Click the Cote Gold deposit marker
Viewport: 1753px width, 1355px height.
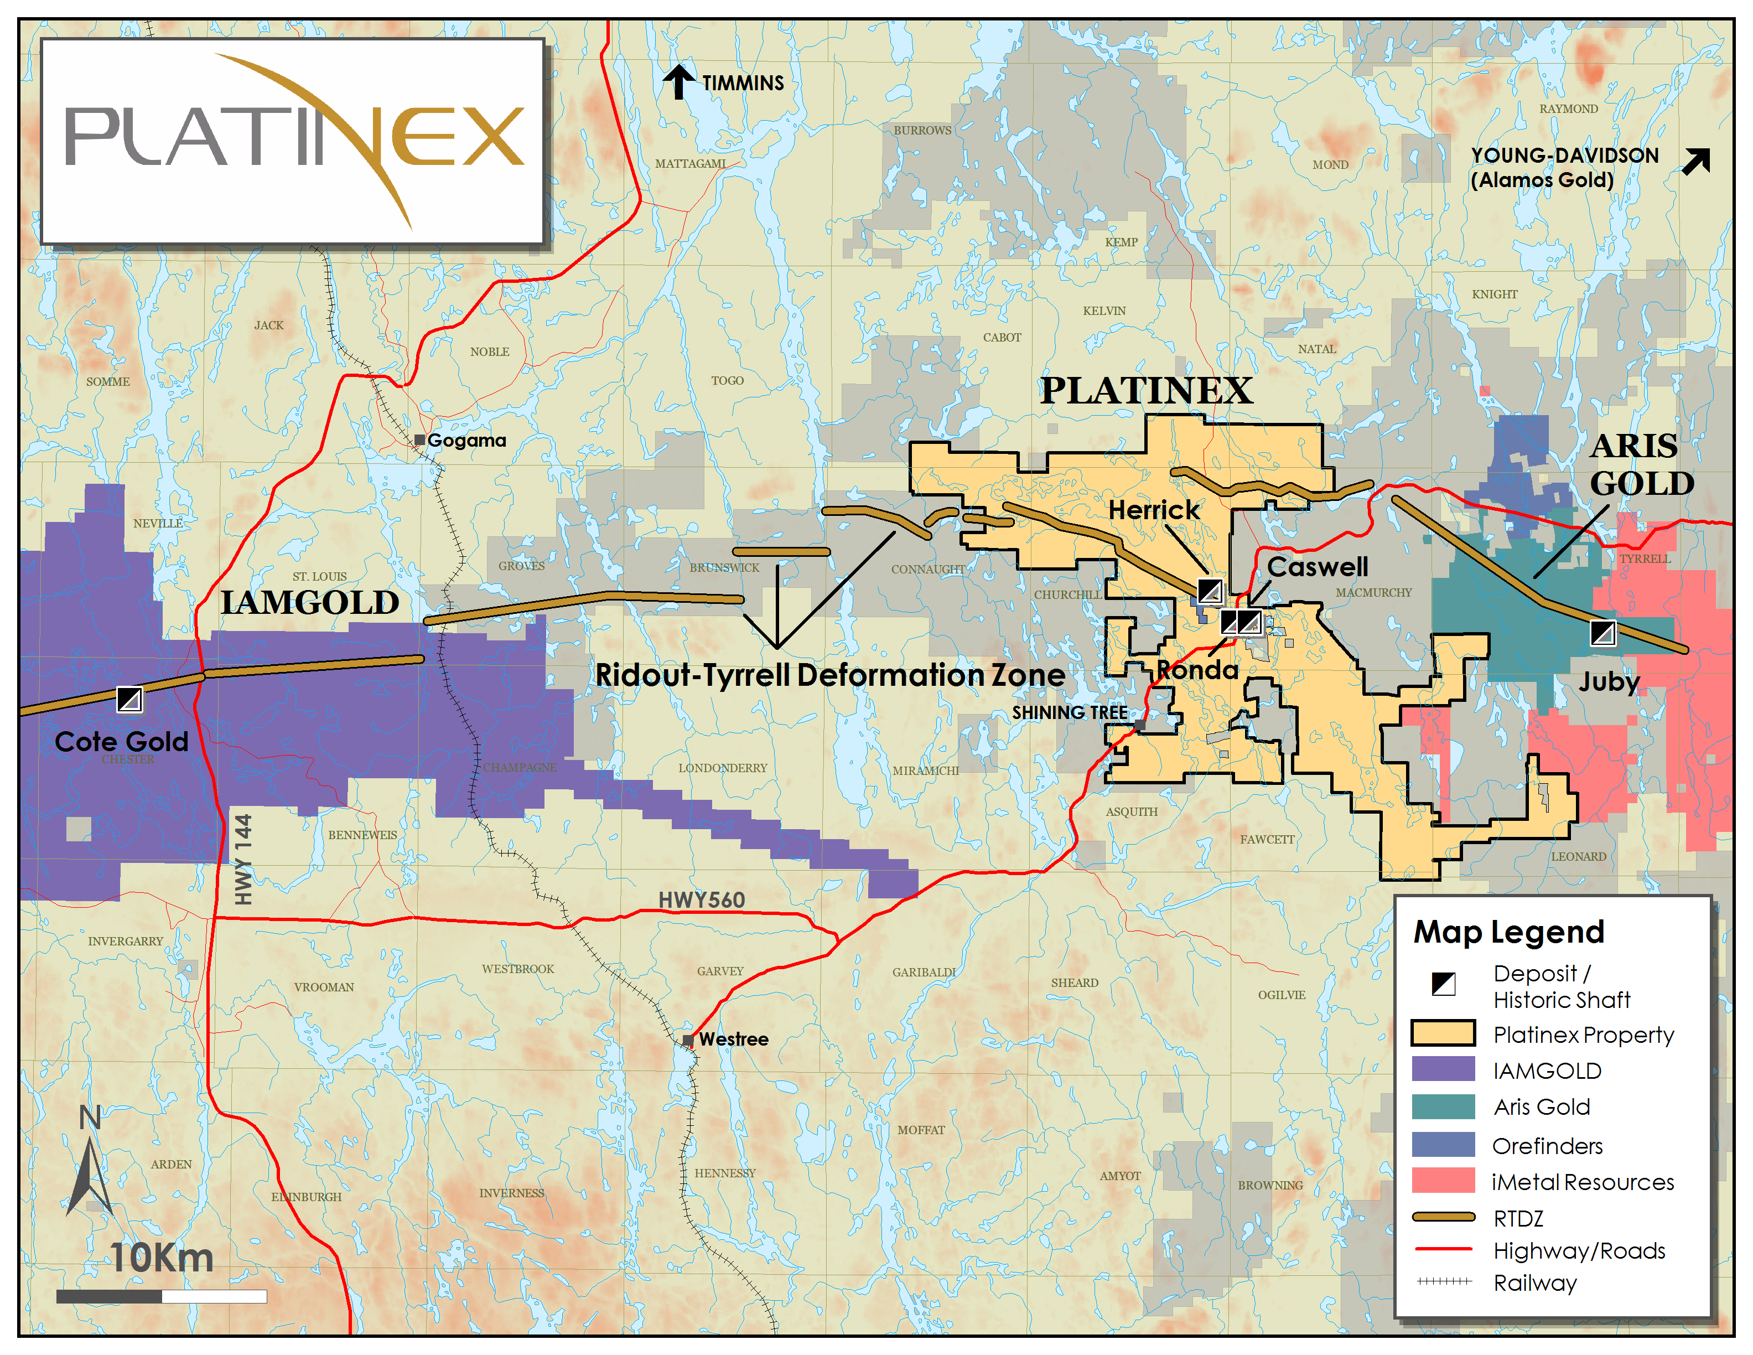pos(129,699)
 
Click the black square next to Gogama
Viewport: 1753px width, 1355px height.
pos(419,440)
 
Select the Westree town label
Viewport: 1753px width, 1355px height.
pos(732,1039)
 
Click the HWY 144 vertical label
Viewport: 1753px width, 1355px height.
pos(243,859)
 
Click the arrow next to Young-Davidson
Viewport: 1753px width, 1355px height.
pos(1696,161)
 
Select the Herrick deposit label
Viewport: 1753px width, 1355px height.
pos(1153,510)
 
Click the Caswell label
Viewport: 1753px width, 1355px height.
pos(1316,567)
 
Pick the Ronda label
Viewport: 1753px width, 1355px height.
pos(1197,669)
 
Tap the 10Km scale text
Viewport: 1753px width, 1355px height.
pos(162,1257)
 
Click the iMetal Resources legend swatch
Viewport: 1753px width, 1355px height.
pos(1443,1181)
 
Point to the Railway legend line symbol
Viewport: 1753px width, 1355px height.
pos(1443,1282)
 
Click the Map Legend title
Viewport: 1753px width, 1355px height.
pos(1508,932)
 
